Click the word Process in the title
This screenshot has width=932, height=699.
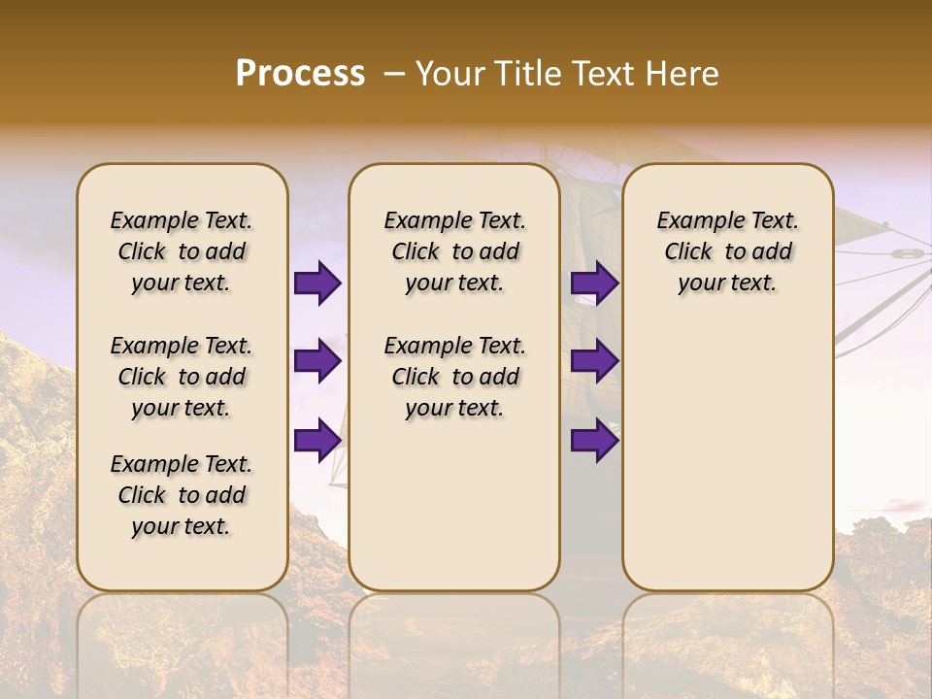pos(300,73)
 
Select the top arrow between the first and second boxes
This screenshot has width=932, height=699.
pos(317,283)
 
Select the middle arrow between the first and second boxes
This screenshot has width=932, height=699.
pos(317,361)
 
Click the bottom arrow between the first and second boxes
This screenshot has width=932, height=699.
pos(317,440)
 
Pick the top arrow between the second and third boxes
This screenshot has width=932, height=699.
pos(594,283)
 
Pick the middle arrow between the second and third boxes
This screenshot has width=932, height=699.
pos(594,361)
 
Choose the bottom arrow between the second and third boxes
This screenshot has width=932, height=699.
pos(594,440)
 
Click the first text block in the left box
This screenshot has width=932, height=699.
pos(182,251)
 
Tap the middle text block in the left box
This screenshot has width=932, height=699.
pos(182,377)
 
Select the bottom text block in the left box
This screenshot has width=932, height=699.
pos(182,495)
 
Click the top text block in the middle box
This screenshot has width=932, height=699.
pos(454,251)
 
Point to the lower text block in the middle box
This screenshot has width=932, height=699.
pos(454,377)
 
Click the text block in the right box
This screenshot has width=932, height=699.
pos(727,251)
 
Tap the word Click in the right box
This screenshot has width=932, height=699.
pos(688,252)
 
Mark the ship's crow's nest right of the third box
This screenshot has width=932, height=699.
pos(905,253)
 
